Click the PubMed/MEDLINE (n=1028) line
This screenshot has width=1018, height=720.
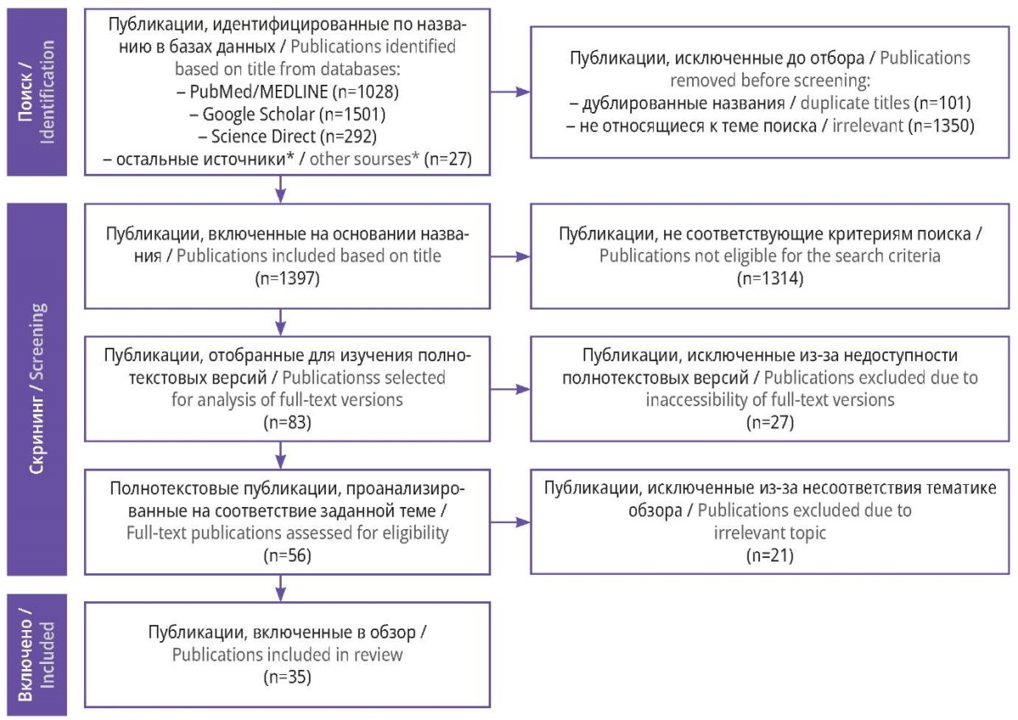(x=288, y=92)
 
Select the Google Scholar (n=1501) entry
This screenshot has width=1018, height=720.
(x=288, y=114)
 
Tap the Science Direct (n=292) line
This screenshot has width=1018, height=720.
(x=288, y=137)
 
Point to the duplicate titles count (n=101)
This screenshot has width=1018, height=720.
(x=945, y=103)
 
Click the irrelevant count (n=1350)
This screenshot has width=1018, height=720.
(x=941, y=126)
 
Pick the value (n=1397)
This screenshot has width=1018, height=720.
(x=288, y=278)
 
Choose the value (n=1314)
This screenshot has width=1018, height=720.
(x=770, y=278)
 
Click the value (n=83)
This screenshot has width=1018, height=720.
(x=288, y=422)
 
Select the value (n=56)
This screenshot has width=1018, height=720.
(x=288, y=555)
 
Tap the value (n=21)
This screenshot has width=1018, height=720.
(x=770, y=555)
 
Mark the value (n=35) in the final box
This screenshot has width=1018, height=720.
(x=288, y=677)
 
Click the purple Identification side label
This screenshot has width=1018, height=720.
(x=36, y=92)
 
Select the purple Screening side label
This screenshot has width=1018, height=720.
(x=36, y=389)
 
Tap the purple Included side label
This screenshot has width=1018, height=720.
(x=36, y=655)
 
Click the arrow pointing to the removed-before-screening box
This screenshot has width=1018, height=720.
(x=511, y=92)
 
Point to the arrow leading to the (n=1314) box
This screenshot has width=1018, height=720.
(x=511, y=257)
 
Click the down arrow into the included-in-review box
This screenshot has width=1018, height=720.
(x=281, y=589)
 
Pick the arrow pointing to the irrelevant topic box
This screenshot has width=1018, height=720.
(x=511, y=522)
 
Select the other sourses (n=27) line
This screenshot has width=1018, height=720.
(x=288, y=159)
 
